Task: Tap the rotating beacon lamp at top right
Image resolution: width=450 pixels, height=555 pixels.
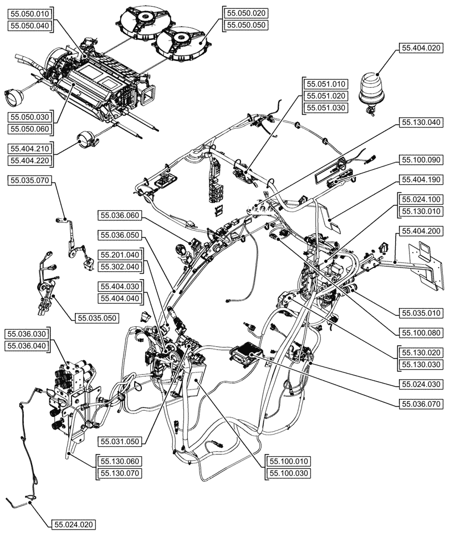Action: (370, 89)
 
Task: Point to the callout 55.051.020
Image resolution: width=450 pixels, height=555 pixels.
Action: (326, 95)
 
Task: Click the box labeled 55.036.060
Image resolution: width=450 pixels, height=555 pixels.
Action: (120, 215)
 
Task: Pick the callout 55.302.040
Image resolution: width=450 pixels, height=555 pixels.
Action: (120, 267)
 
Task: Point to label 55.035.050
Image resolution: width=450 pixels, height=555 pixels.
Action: (97, 318)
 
